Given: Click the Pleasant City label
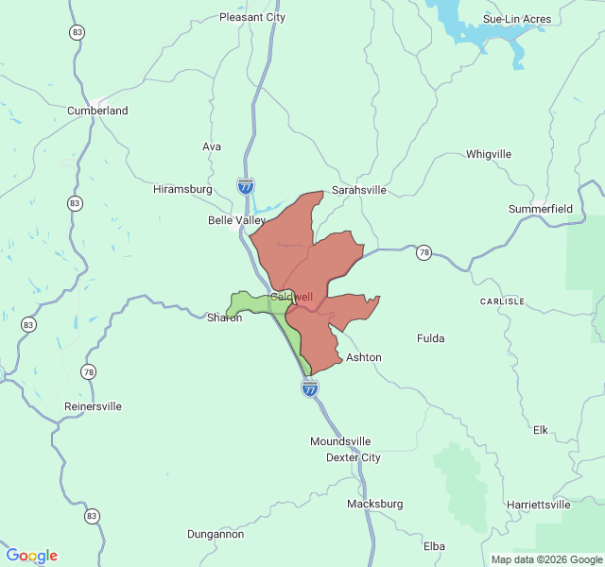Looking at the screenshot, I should click(251, 17).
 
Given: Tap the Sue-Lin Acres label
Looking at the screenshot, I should click(516, 19).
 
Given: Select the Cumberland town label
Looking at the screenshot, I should click(97, 111).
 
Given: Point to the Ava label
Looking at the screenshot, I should click(212, 146).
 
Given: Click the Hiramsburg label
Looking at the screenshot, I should click(182, 189).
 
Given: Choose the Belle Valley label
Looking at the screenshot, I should click(237, 220).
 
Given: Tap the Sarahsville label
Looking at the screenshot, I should click(358, 190).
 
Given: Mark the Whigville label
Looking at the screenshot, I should click(489, 154).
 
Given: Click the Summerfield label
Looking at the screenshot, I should click(541, 208).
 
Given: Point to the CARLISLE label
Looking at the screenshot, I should click(502, 301).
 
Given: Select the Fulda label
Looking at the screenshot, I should click(431, 337).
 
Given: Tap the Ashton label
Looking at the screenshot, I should click(364, 357).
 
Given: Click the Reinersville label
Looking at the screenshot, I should click(93, 406).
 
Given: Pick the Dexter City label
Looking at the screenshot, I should click(353, 457).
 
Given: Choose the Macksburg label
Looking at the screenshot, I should click(375, 504).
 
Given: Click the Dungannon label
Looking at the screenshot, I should click(215, 534).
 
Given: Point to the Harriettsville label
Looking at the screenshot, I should click(539, 505).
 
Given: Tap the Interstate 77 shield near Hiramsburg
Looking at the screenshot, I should click(246, 185).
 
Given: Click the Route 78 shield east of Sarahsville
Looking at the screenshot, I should click(424, 252).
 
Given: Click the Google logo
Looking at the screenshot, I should click(31, 556).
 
